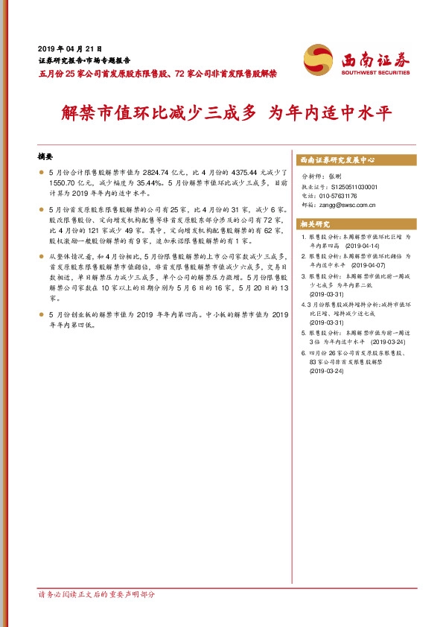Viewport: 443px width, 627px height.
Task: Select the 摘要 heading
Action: click(46, 157)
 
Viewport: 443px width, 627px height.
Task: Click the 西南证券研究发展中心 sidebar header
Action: click(336, 160)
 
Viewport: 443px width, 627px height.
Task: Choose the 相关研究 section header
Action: click(314, 223)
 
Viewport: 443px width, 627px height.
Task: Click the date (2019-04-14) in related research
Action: click(362, 245)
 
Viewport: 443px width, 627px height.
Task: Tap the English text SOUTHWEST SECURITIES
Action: click(375, 72)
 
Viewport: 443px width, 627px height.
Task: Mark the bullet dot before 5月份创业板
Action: click(40, 316)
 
